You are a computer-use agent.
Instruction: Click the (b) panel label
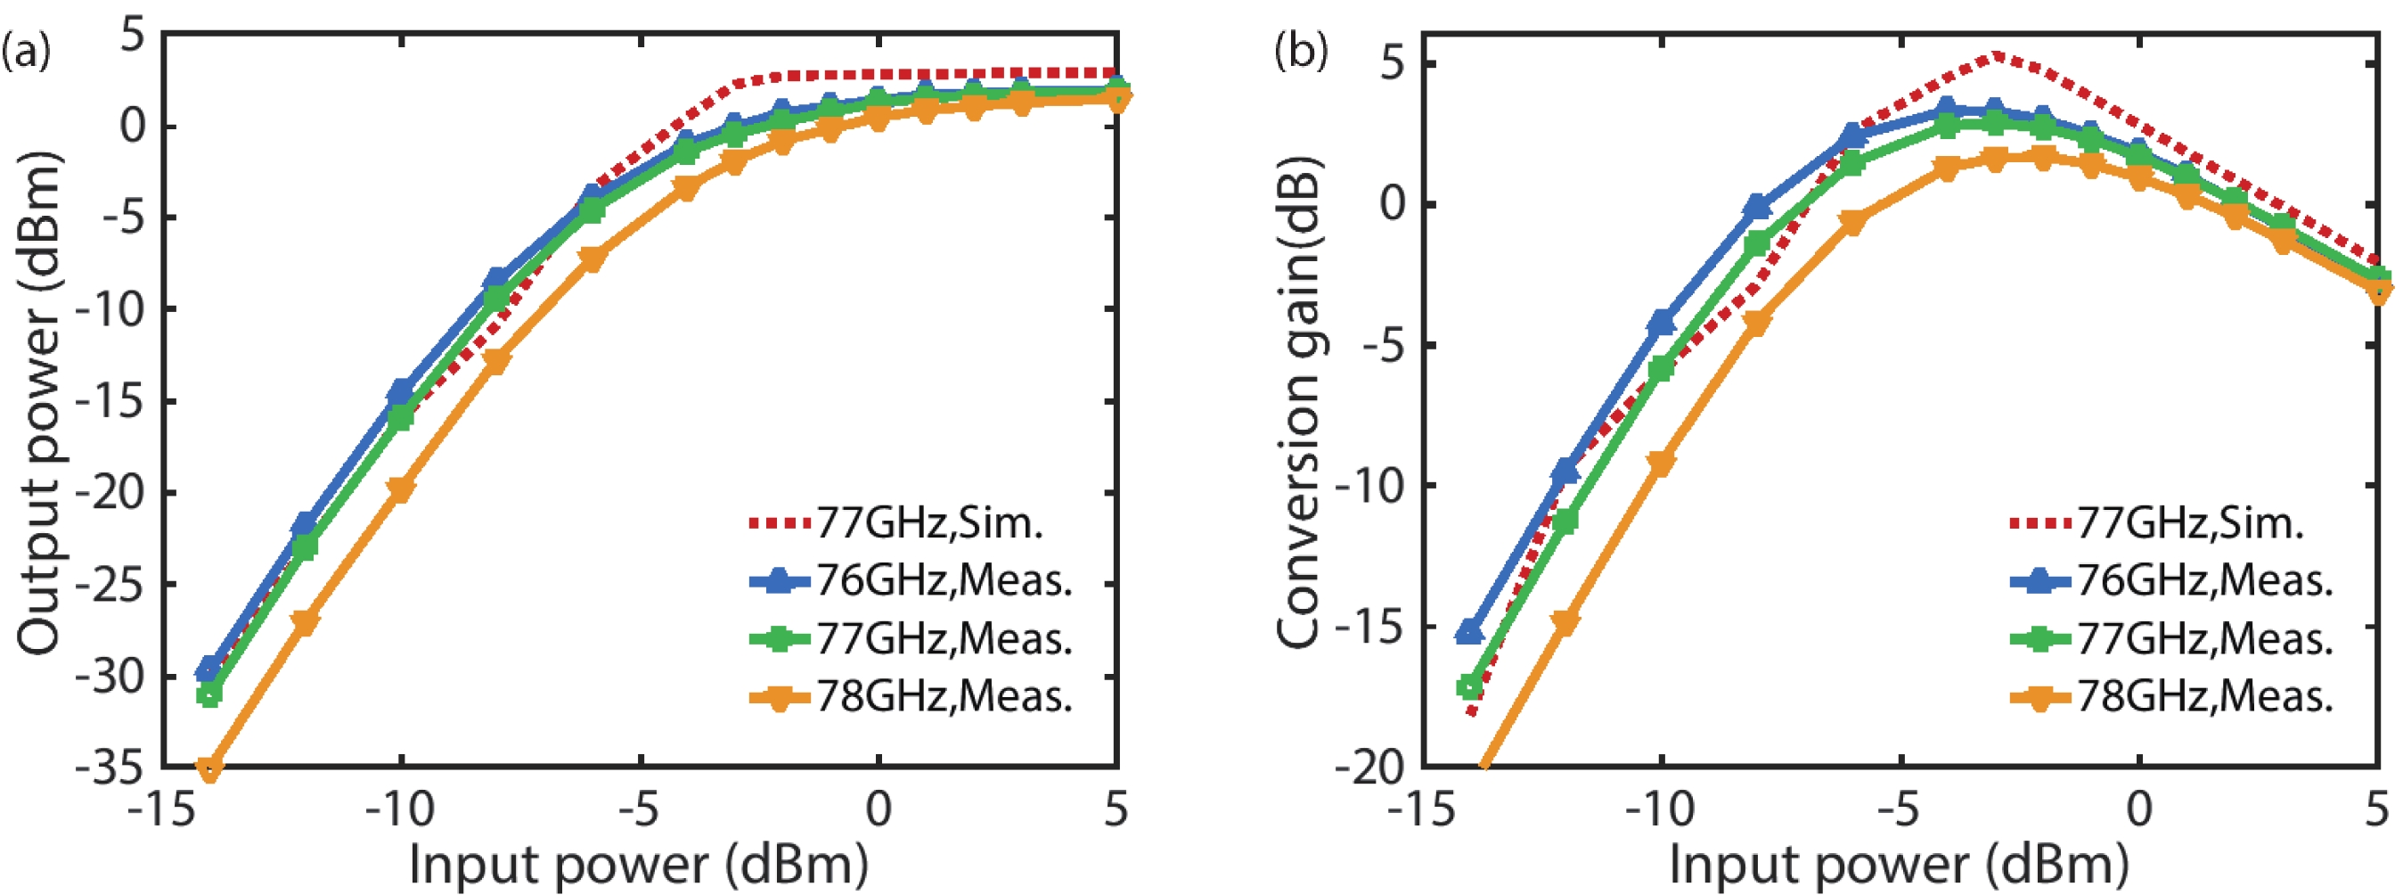1300,52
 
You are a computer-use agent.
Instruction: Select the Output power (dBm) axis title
39,401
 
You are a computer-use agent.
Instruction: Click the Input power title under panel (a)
639,863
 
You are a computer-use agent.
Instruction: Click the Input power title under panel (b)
1900,863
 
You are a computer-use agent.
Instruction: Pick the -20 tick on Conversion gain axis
1371,768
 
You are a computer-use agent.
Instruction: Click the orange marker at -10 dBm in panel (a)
400,489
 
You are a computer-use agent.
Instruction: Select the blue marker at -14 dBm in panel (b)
1470,632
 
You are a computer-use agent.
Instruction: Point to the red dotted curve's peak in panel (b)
1995,55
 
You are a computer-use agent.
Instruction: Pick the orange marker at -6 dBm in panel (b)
1851,222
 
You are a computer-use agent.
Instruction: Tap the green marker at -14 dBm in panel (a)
209,694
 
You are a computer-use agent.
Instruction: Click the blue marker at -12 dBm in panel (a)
304,523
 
